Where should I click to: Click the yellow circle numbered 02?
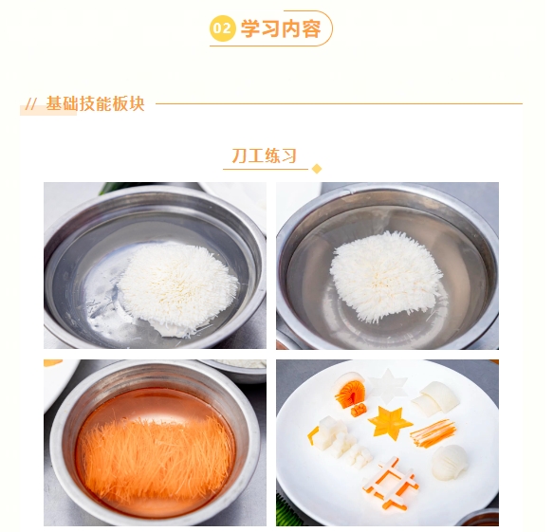coord(222,28)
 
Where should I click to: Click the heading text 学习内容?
coord(281,28)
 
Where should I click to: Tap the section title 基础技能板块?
coord(95,103)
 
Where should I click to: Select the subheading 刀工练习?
coord(264,156)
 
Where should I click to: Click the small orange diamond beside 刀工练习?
coord(317,169)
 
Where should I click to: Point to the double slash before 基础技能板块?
coord(31,104)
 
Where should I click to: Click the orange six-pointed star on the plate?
coord(389,423)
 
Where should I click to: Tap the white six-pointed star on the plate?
coord(387,383)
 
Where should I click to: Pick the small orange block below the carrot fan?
coord(359,411)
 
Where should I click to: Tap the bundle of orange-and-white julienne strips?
coord(433,433)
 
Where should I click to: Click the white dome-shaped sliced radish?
coord(450,462)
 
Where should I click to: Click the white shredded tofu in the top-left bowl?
coord(178,286)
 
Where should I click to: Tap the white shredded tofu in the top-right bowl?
coord(386,276)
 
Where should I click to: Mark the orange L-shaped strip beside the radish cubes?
coord(313,435)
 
